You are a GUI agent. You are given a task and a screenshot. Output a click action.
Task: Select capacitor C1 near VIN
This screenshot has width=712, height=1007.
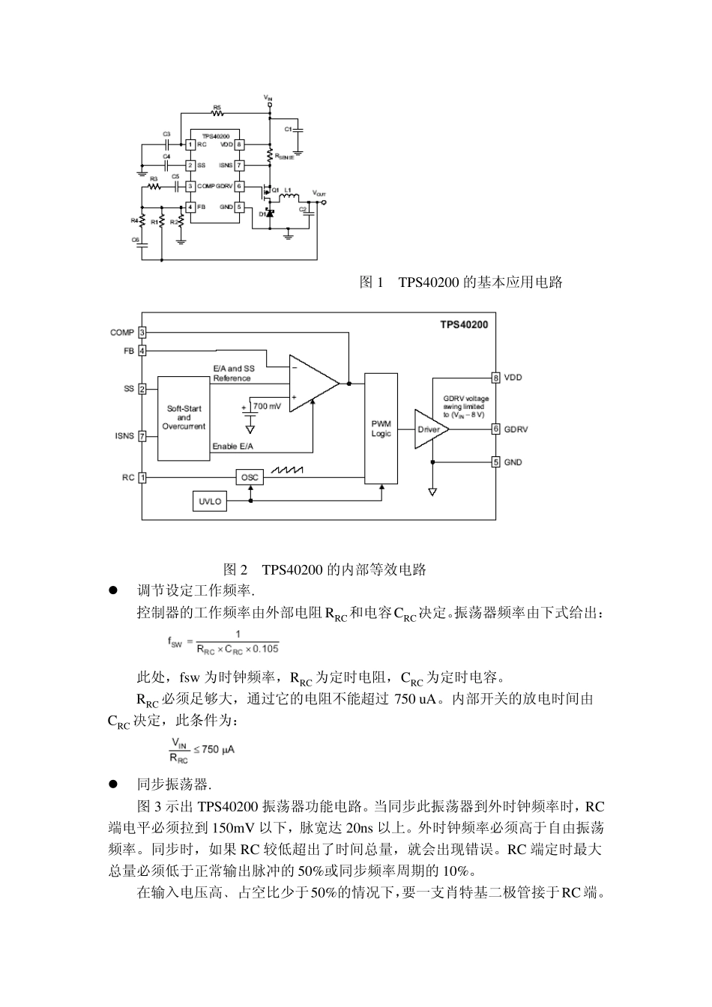coord(298,129)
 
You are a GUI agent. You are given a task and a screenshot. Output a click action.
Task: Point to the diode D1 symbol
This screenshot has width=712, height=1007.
coord(270,214)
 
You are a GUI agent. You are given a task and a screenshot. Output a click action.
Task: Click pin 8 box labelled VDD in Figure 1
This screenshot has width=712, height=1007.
coord(239,144)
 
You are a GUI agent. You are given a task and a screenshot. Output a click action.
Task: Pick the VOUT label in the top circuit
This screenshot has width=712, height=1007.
coord(319,193)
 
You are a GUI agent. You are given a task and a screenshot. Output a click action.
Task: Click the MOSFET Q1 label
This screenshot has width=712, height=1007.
coord(275,190)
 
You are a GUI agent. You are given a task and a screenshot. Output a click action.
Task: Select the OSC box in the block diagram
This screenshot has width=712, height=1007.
coord(250,477)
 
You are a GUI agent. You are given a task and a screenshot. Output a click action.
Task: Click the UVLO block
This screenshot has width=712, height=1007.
coord(211,501)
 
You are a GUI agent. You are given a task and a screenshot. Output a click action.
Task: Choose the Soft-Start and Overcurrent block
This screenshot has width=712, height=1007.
coord(184,418)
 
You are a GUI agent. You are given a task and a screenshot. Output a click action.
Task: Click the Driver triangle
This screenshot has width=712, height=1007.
coord(429,429)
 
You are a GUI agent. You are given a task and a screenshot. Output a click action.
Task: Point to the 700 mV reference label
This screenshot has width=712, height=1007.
coord(268,406)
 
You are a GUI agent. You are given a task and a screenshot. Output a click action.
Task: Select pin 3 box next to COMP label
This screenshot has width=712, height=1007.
coord(142,332)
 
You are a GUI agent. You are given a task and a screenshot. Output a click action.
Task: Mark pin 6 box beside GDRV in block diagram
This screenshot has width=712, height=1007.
coord(495,429)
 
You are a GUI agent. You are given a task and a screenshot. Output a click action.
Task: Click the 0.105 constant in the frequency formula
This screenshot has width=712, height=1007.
coord(266,649)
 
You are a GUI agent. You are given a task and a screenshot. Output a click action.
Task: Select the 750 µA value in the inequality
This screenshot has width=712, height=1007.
coord(219,749)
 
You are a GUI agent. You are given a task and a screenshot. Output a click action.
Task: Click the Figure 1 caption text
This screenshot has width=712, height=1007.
coord(461,282)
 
